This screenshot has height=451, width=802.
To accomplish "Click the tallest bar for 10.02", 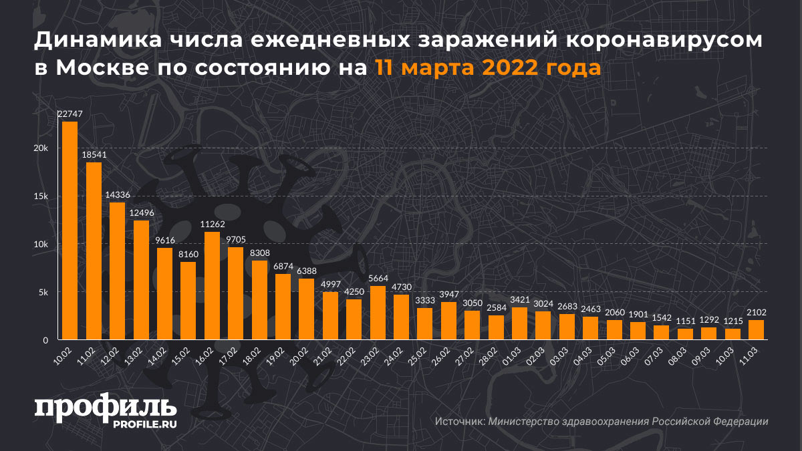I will click(70, 231).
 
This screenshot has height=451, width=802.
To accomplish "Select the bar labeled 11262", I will click(212, 286).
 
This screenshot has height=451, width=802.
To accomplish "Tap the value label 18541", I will click(94, 154).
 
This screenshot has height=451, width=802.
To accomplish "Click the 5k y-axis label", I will click(43, 293).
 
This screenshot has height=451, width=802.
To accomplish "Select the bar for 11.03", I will click(757, 330).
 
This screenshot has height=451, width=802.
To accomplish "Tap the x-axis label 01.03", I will click(516, 354).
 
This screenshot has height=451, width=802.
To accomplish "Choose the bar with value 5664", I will click(378, 313).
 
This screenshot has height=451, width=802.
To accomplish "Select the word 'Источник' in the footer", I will click(459, 422).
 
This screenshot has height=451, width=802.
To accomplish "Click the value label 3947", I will click(449, 295).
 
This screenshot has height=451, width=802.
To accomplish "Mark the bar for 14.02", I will click(164, 294).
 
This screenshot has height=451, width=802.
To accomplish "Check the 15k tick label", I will click(41, 196).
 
